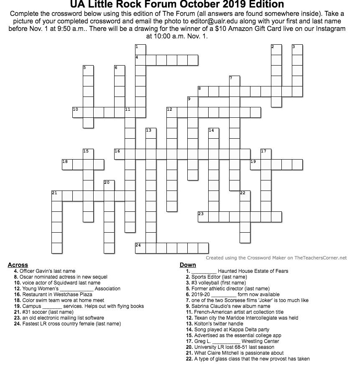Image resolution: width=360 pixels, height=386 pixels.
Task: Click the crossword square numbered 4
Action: (x=140, y=60)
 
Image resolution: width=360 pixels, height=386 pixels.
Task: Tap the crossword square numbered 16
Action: (x=120, y=154)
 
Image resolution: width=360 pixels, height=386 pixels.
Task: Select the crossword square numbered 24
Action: (x=140, y=248)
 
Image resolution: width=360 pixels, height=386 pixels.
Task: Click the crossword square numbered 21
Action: (x=57, y=196)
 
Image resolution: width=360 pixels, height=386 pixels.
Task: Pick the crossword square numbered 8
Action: (x=203, y=91)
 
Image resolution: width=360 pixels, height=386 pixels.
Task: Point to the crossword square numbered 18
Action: (x=67, y=164)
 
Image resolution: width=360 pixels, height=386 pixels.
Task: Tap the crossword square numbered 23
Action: (x=203, y=216)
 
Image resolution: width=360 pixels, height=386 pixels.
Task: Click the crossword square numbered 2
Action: (x=276, y=50)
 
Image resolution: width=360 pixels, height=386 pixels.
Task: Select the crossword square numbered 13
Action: (x=151, y=133)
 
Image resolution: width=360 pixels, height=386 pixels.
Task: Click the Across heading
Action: (x=18, y=265)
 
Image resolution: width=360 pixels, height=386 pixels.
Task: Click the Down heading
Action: (x=188, y=265)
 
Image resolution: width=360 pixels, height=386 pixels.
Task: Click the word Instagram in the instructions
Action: (x=329, y=29)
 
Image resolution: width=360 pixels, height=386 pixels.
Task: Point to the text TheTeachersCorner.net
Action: (x=320, y=258)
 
